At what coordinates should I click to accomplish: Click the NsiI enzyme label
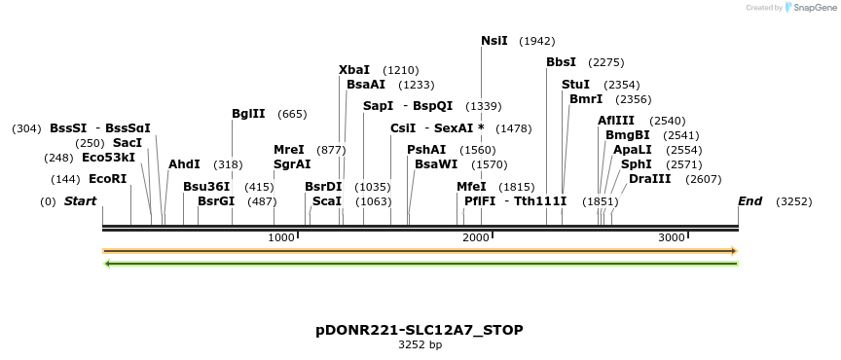(494, 41)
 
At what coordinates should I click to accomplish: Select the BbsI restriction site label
(561, 62)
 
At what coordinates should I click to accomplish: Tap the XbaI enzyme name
(354, 70)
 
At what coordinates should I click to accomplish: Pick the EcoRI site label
(107, 179)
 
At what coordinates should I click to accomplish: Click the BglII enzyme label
(248, 114)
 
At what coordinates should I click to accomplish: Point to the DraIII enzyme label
(649, 179)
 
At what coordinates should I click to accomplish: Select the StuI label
(576, 85)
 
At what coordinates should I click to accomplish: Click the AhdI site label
(184, 164)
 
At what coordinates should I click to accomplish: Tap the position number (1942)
(537, 41)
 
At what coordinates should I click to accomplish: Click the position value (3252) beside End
(793, 201)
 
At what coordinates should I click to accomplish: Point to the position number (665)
(292, 114)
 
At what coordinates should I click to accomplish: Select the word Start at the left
(80, 201)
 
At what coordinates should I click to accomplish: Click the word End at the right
(750, 201)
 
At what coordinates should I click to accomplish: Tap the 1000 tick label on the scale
(281, 237)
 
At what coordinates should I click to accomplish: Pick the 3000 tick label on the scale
(672, 237)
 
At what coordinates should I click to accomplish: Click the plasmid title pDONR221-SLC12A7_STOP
(420, 330)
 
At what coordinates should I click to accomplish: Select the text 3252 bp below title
(420, 344)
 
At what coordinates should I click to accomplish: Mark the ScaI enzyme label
(327, 201)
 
